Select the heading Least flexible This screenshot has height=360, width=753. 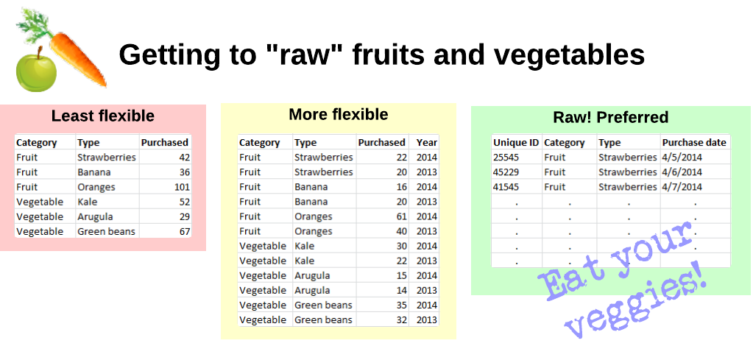pyautogui.click(x=103, y=116)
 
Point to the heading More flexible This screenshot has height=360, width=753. pyautogui.click(x=339, y=115)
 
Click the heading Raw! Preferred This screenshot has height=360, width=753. pyautogui.click(x=610, y=118)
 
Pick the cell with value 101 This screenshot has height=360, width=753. pyautogui.click(x=182, y=187)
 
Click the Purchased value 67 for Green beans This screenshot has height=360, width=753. pyautogui.click(x=185, y=232)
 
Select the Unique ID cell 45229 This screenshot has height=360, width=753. pyautogui.click(x=506, y=172)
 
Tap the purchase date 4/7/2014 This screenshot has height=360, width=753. pyautogui.click(x=682, y=187)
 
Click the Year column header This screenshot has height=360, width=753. pyautogui.click(x=427, y=143)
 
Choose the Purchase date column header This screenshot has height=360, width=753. pyautogui.click(x=694, y=143)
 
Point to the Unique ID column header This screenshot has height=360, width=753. pyautogui.click(x=516, y=143)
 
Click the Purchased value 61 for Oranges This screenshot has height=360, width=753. pyautogui.click(x=402, y=216)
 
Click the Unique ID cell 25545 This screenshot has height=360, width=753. pyautogui.click(x=506, y=158)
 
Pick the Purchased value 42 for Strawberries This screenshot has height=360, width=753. pyautogui.click(x=185, y=158)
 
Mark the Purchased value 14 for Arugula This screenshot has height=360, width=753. pyautogui.click(x=402, y=290)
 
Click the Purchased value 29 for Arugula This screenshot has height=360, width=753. pyautogui.click(x=185, y=217)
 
